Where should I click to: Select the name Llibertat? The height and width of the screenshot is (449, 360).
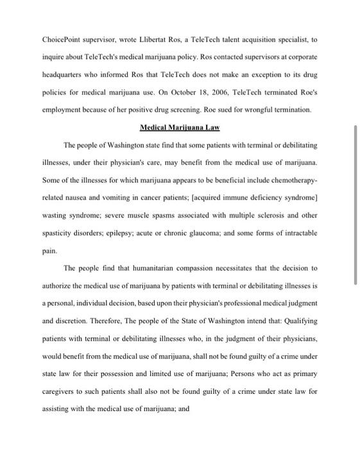162,40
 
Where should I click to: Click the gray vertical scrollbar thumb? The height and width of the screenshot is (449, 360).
356,204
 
